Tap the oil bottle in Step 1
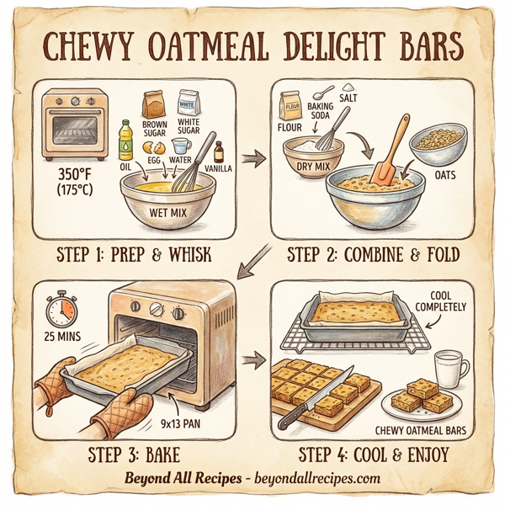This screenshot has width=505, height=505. click(126, 140)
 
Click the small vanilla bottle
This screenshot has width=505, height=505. click(220, 152)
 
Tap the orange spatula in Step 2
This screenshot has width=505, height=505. click(388, 155)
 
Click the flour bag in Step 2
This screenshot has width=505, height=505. click(290, 106)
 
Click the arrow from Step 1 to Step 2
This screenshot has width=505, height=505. click(250, 157)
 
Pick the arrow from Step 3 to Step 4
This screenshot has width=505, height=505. click(250, 360)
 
